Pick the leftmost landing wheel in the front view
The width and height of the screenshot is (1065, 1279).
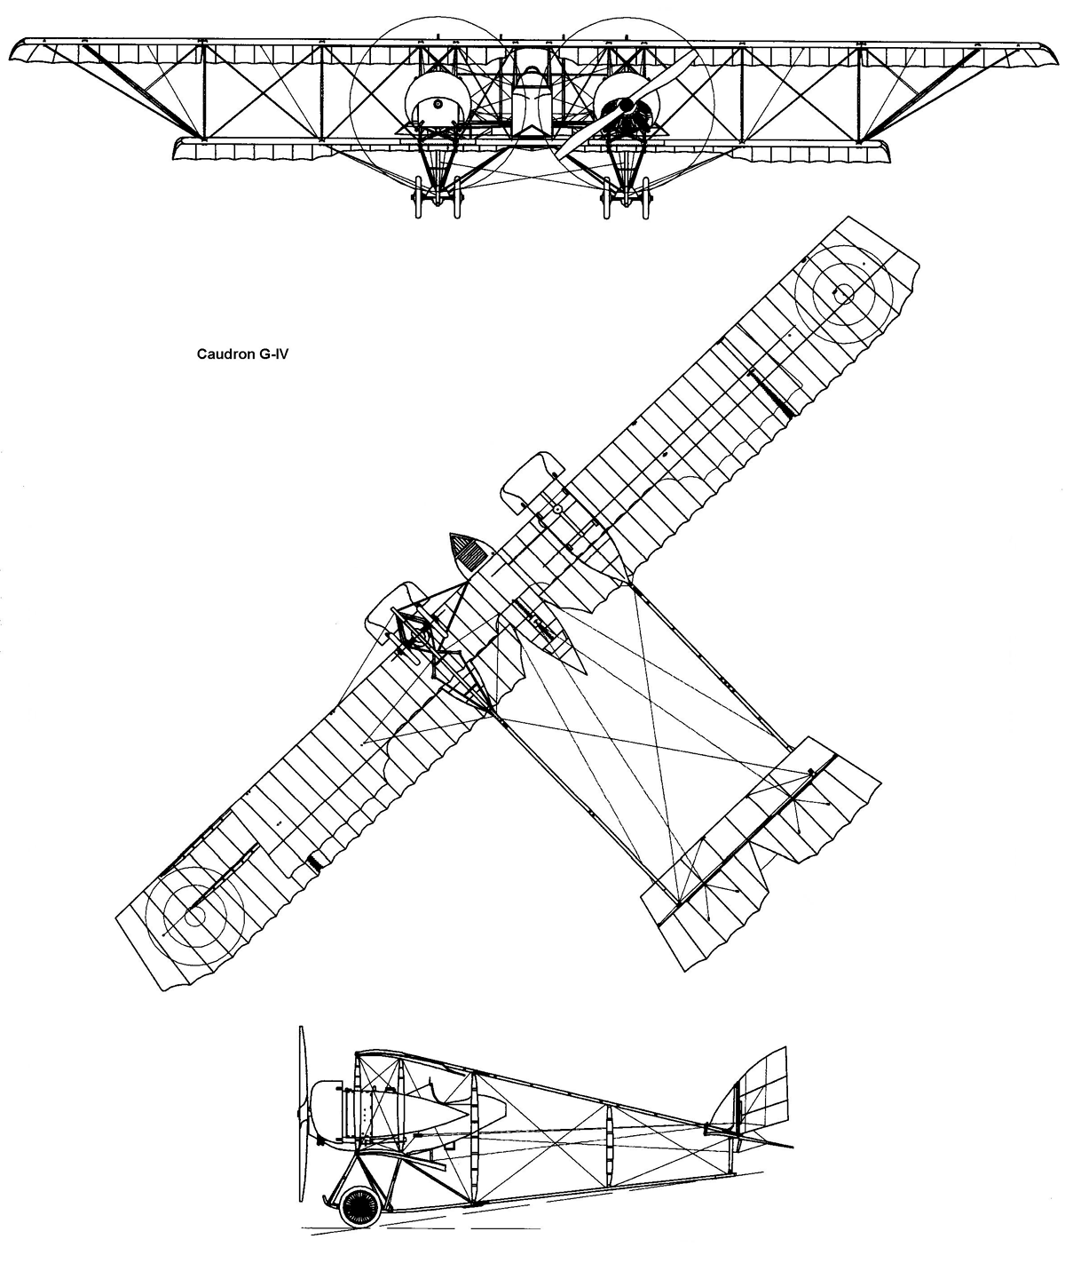point(419,197)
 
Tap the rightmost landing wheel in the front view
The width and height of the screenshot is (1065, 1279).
point(645,197)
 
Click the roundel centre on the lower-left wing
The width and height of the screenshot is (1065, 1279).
point(194,917)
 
